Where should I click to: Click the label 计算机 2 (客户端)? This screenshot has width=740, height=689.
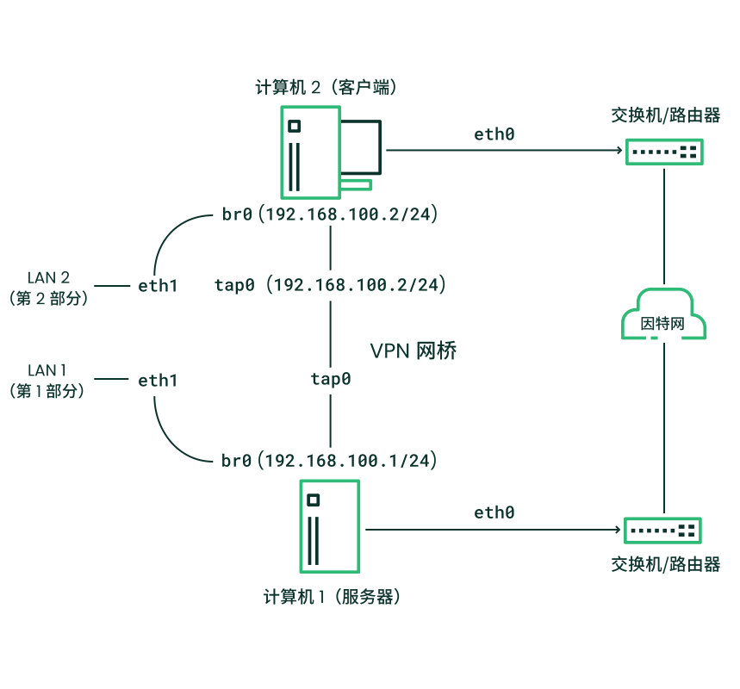(x=326, y=87)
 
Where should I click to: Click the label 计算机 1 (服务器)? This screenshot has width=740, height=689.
(x=333, y=597)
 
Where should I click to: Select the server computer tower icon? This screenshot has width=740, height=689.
(x=330, y=525)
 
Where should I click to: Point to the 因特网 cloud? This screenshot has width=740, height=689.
(x=663, y=317)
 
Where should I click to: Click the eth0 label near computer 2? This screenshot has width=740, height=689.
(x=494, y=134)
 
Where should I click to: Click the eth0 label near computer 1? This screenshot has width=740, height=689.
(x=494, y=512)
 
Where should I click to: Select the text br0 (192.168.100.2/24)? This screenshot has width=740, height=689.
(x=331, y=214)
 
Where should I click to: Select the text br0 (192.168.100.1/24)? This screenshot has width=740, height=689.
(x=331, y=461)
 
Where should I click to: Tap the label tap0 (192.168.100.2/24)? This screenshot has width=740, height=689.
(x=331, y=284)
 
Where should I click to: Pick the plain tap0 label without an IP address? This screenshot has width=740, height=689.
(x=331, y=378)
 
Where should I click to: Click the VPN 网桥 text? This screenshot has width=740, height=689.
(x=413, y=351)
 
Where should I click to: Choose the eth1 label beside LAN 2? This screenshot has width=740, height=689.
(x=158, y=285)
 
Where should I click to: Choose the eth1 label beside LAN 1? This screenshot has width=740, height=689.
(x=158, y=380)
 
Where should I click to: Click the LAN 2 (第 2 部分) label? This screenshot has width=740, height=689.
(x=48, y=288)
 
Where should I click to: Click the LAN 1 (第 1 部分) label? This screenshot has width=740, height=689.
(x=48, y=381)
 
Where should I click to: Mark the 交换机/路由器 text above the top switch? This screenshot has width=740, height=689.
(x=665, y=115)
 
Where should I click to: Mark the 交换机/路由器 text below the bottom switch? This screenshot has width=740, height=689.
(x=665, y=565)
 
